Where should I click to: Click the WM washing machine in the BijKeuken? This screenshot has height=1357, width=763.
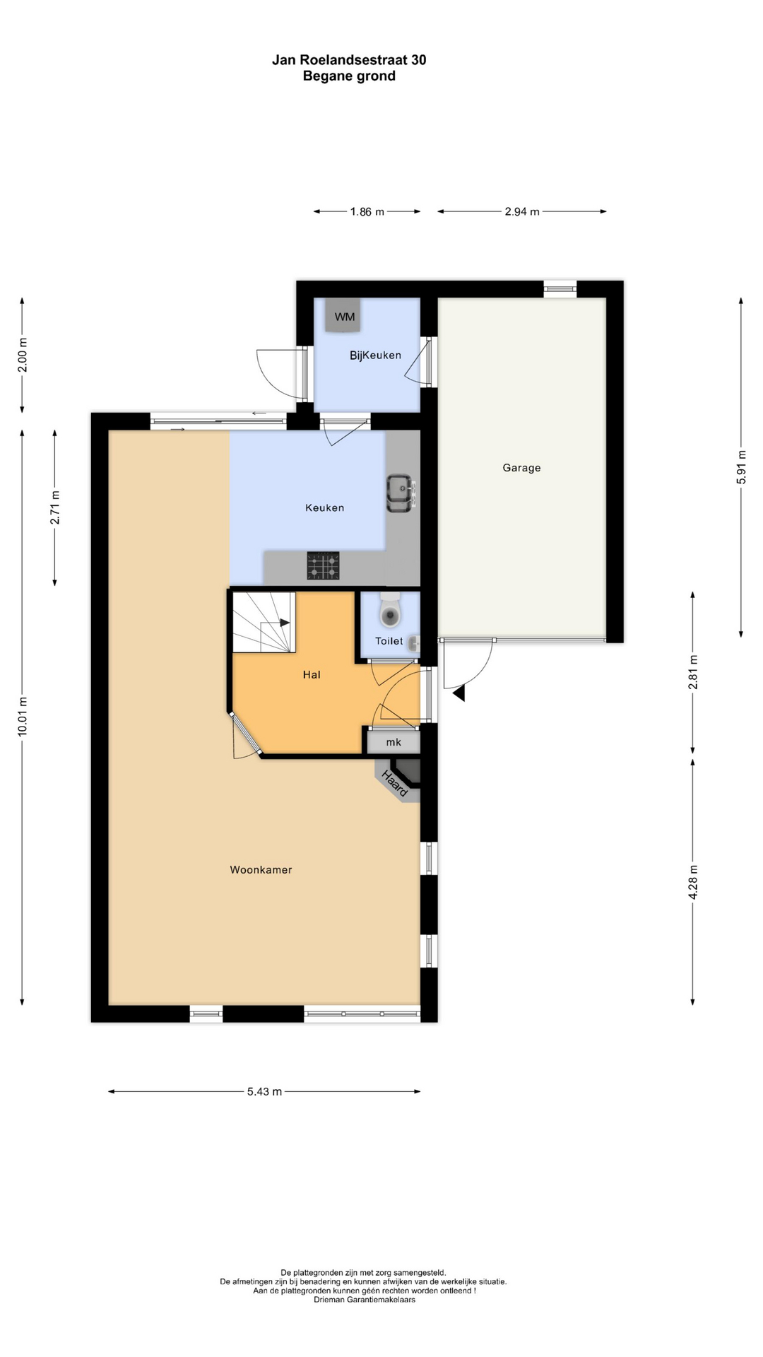click(x=345, y=315)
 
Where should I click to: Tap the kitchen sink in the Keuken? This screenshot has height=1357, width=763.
click(x=401, y=493)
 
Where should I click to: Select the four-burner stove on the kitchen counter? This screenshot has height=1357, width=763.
click(x=323, y=566)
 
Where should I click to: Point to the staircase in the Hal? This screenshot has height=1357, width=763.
click(x=264, y=622)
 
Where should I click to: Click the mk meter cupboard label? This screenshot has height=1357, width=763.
click(x=394, y=742)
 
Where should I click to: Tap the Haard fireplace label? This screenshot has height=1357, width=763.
click(x=395, y=784)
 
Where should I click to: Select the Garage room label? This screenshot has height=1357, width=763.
click(x=521, y=468)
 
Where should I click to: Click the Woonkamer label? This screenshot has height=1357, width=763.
click(x=261, y=870)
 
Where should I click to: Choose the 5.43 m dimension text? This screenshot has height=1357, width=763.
click(x=264, y=1092)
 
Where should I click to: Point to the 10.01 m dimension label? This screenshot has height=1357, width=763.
click(x=23, y=717)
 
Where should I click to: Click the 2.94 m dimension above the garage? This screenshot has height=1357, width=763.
click(x=522, y=211)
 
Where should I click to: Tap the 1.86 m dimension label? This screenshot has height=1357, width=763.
click(x=367, y=211)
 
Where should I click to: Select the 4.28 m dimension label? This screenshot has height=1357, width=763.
click(x=693, y=883)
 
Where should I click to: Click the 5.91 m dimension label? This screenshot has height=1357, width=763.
click(x=741, y=467)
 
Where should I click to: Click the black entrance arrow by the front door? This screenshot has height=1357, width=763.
click(x=459, y=693)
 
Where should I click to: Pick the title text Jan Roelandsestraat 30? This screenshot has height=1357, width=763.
click(x=349, y=60)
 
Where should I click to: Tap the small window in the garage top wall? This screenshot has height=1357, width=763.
click(x=560, y=288)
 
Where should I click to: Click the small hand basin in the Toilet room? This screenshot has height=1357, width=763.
click(x=415, y=643)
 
